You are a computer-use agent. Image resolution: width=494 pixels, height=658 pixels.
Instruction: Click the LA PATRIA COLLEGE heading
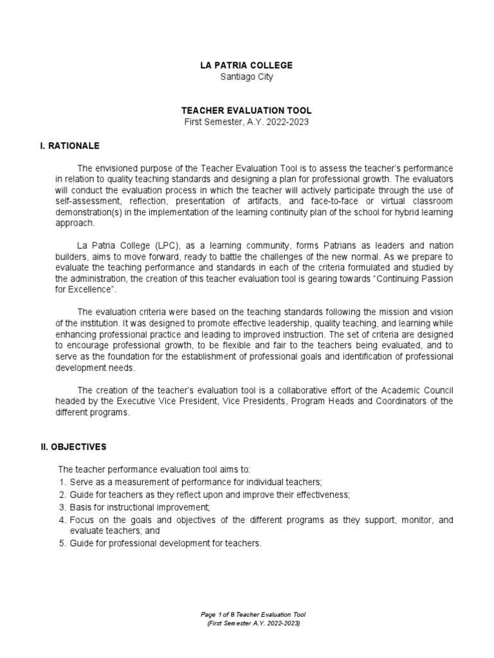pyautogui.click(x=246, y=66)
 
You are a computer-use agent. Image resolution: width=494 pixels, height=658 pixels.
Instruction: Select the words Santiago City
pyautogui.click(x=246, y=77)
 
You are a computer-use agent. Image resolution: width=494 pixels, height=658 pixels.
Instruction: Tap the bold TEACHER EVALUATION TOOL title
pyautogui.click(x=246, y=111)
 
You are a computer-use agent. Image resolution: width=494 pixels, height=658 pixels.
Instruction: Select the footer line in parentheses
pyautogui.click(x=247, y=624)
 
